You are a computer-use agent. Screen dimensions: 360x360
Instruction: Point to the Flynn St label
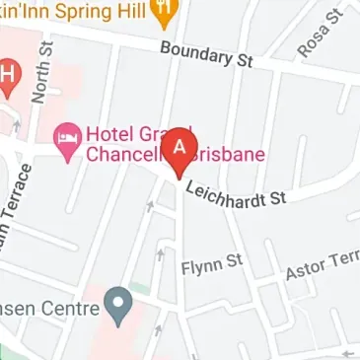coord(212,262)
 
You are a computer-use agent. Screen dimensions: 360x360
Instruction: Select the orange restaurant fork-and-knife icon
coord(166,11)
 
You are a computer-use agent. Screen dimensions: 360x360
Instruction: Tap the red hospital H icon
coord(7,73)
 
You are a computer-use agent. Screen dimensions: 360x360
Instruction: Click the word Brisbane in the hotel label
coord(228,155)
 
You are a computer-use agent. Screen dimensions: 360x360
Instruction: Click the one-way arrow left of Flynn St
coord(160,254)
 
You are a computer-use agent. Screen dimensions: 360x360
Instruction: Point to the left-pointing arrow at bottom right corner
coord(346,351)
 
